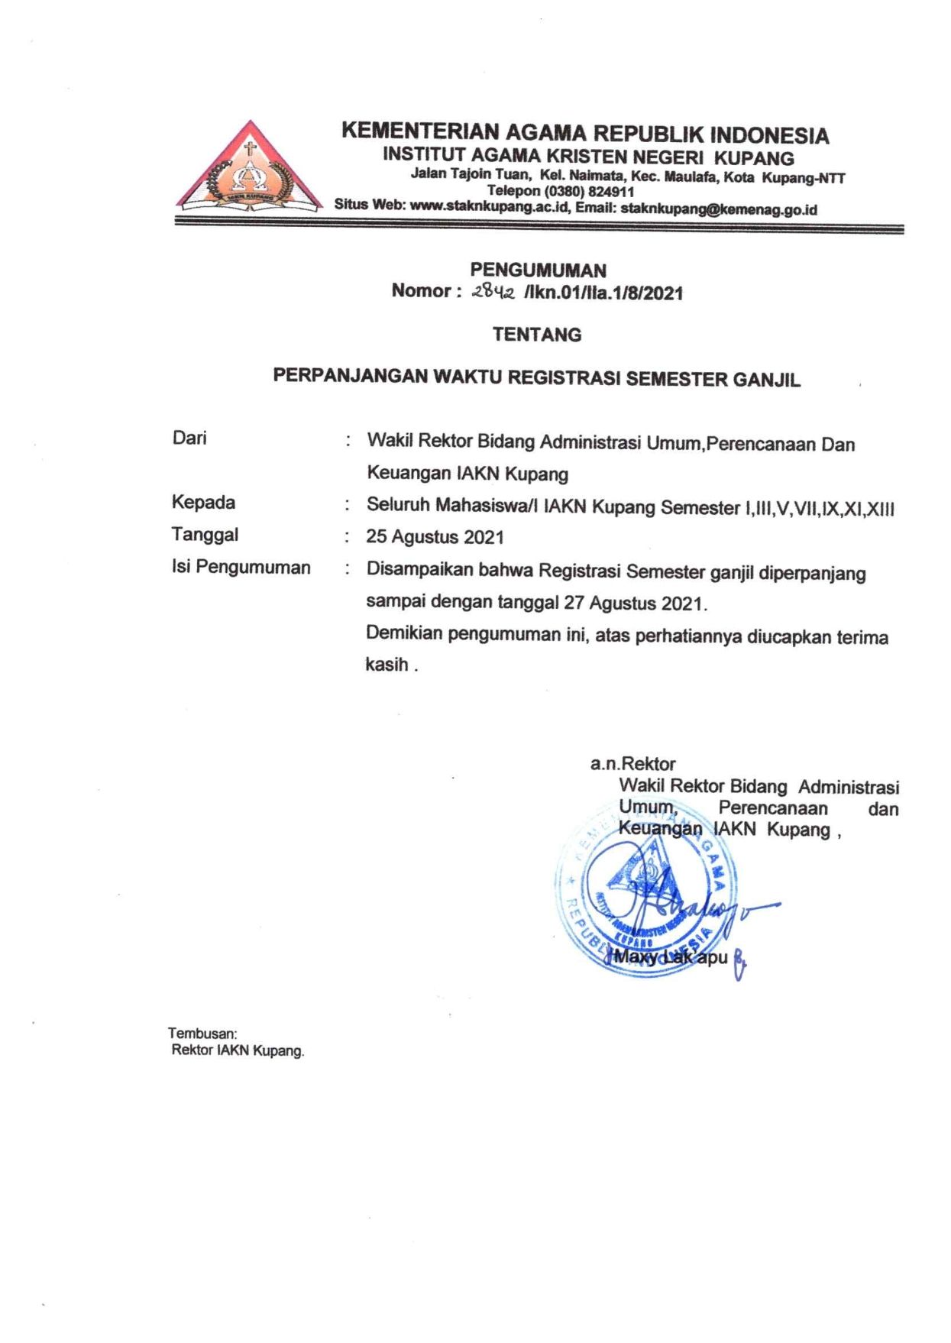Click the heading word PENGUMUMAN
point(538,270)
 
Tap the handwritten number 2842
point(494,291)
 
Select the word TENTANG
point(537,335)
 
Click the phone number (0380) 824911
point(589,192)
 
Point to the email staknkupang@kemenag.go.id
point(719,209)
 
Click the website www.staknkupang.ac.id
point(490,205)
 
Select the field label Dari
point(189,438)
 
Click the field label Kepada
point(203,502)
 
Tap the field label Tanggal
point(205,534)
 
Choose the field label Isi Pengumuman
point(241,567)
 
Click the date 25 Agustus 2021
point(435,537)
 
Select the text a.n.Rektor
point(632,763)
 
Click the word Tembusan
point(202,1034)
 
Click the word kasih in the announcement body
point(387,664)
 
